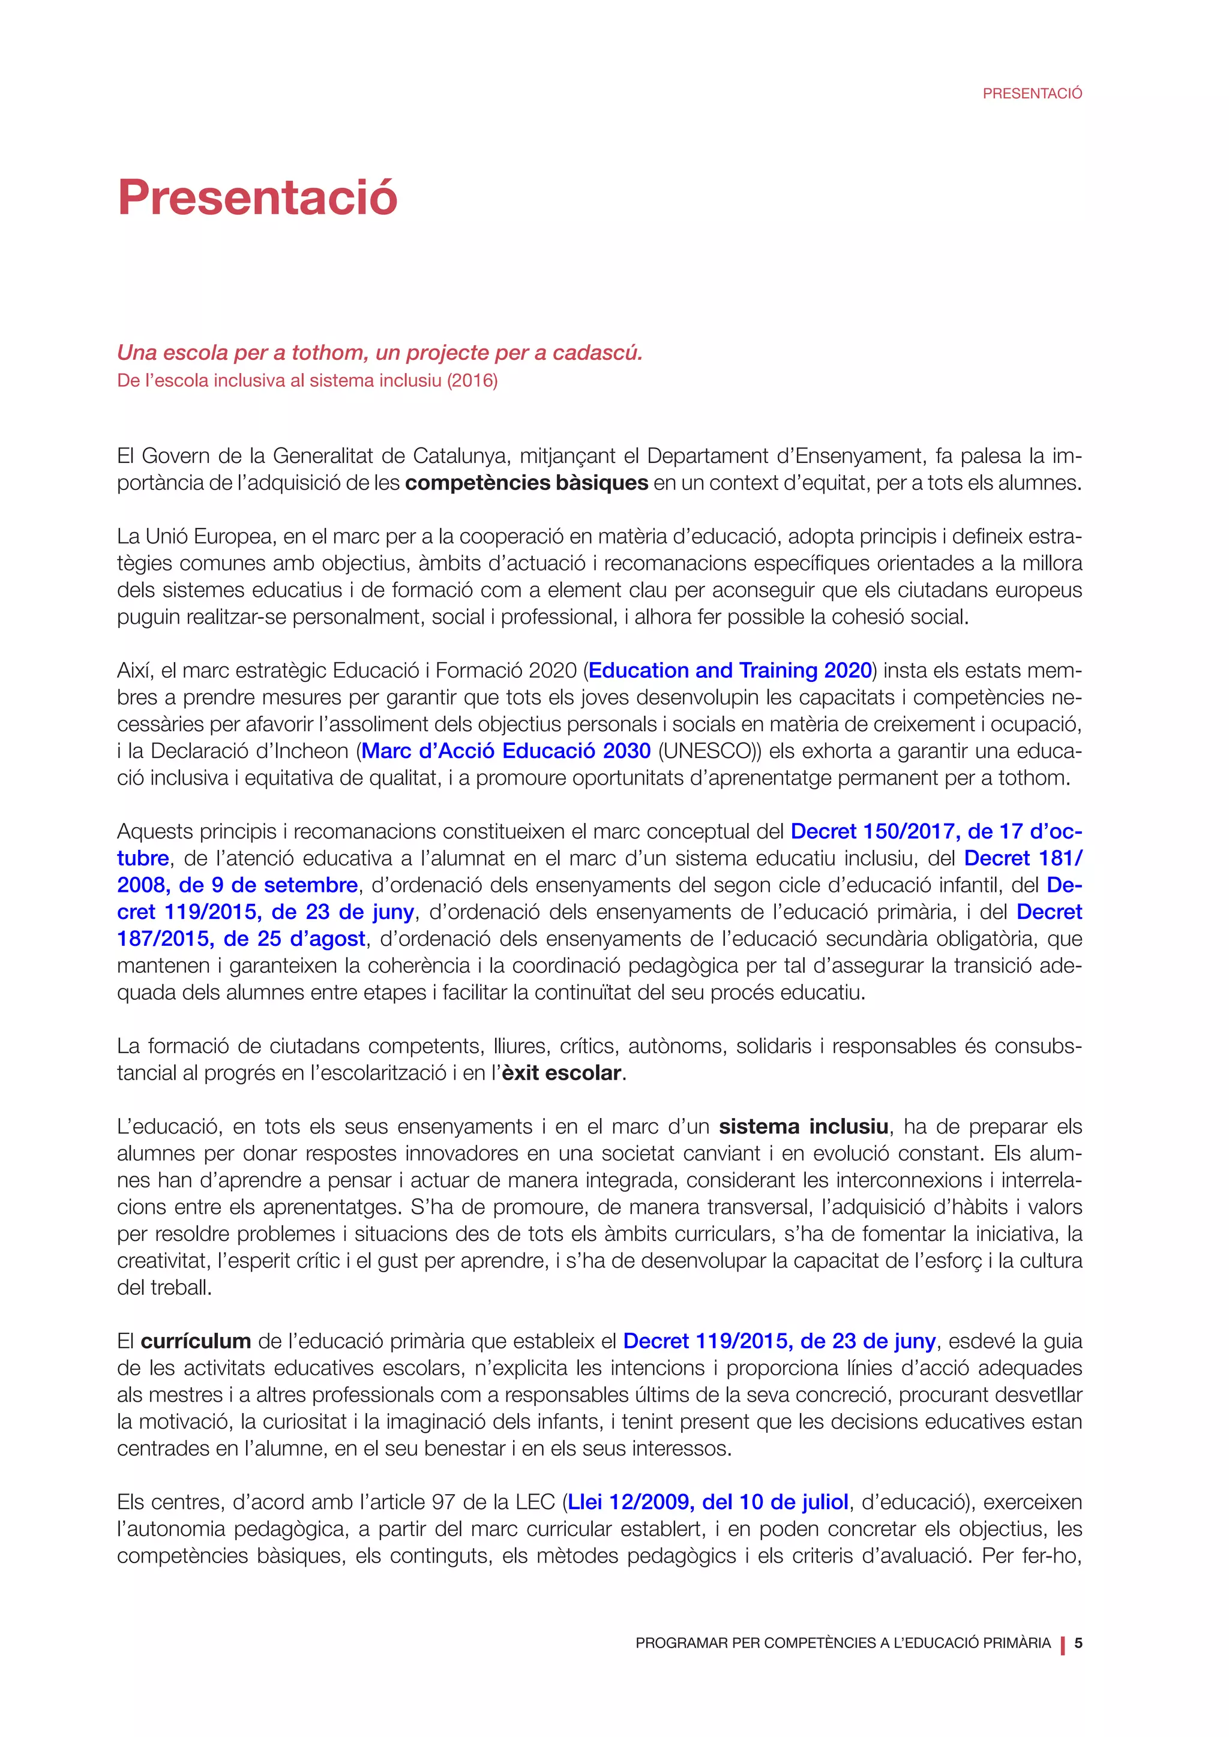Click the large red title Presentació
coord(257,197)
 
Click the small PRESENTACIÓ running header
coord(1032,94)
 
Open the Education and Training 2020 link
coord(730,671)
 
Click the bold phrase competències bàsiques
coord(527,483)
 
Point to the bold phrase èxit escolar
coord(562,1073)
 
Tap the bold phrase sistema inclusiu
coord(803,1126)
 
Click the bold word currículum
coord(196,1341)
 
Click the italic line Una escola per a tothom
coord(379,353)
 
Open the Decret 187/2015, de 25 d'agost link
coord(241,939)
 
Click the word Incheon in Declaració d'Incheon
coord(313,750)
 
